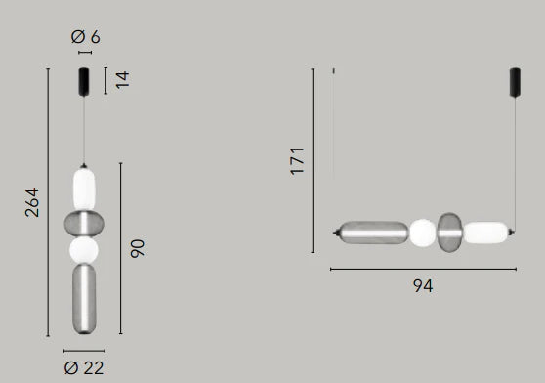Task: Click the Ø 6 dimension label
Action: (x=86, y=37)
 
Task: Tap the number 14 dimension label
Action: (x=122, y=80)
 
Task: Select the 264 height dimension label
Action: (x=32, y=202)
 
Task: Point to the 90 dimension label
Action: (x=138, y=248)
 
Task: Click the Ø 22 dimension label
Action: (x=84, y=368)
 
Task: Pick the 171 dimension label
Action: (x=297, y=161)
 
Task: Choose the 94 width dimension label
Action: (x=423, y=286)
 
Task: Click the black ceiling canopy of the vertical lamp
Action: (x=84, y=82)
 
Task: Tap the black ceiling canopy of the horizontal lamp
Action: (x=515, y=83)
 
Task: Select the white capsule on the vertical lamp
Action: (x=84, y=190)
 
